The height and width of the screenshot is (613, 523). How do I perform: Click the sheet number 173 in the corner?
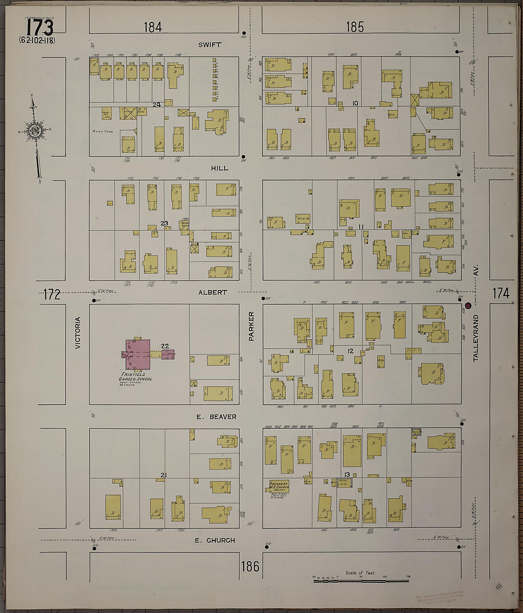coord(40,28)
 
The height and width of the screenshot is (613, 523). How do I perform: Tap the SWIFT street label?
coord(210,45)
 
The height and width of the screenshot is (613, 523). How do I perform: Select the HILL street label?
coord(220,168)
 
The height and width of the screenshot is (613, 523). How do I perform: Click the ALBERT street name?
coord(213,292)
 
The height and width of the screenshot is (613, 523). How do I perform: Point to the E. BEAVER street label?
coord(217,417)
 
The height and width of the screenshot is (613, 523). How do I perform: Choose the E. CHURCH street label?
coord(215,540)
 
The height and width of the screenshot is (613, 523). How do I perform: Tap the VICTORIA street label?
coord(78,333)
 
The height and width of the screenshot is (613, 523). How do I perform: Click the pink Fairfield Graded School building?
coord(138,355)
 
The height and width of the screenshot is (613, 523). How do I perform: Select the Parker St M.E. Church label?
coord(279,486)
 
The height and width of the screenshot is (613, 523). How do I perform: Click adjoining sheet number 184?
coord(153,27)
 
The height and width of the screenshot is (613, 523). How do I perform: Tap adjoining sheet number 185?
coord(355,27)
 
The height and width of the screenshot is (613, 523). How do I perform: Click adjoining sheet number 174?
coord(501,293)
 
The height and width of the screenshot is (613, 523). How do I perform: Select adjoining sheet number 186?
coord(250,567)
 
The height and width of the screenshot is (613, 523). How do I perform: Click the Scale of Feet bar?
coord(361,581)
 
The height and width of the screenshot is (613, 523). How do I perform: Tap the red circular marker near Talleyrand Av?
coord(468,305)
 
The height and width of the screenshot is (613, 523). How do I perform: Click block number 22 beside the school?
coord(165,346)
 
